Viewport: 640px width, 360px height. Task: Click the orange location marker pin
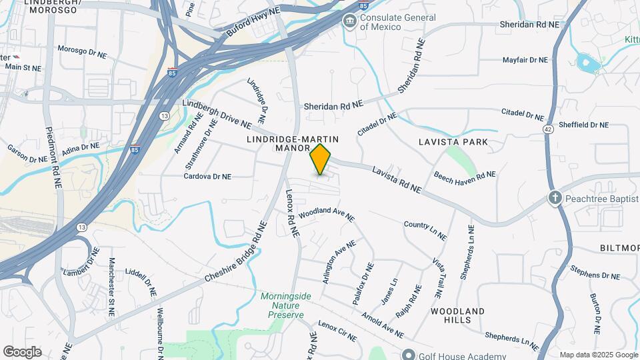point(320,159)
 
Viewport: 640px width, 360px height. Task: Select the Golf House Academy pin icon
point(408,355)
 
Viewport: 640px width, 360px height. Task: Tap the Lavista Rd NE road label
point(397,180)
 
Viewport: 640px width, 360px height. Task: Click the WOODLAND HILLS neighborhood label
point(457,315)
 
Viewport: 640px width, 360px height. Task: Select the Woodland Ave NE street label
point(326,213)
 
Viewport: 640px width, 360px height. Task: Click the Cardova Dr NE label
point(207,177)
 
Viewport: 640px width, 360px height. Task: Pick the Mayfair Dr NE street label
point(525,60)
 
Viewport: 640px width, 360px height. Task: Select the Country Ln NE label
point(425,230)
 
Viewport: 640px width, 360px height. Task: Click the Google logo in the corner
point(22,352)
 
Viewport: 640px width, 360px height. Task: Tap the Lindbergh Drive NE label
point(217,115)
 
